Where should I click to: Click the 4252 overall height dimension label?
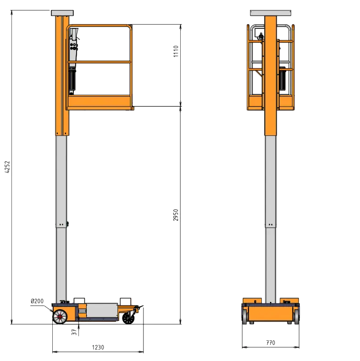[6, 167]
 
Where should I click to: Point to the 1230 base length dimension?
[98, 347]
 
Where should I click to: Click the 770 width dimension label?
[271, 342]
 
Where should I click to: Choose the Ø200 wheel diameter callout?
[37, 301]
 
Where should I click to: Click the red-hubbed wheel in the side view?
[60, 317]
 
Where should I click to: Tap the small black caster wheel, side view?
[128, 318]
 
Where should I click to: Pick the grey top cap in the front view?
[271, 12]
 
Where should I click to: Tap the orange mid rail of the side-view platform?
[100, 62]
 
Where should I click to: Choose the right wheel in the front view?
[296, 315]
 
